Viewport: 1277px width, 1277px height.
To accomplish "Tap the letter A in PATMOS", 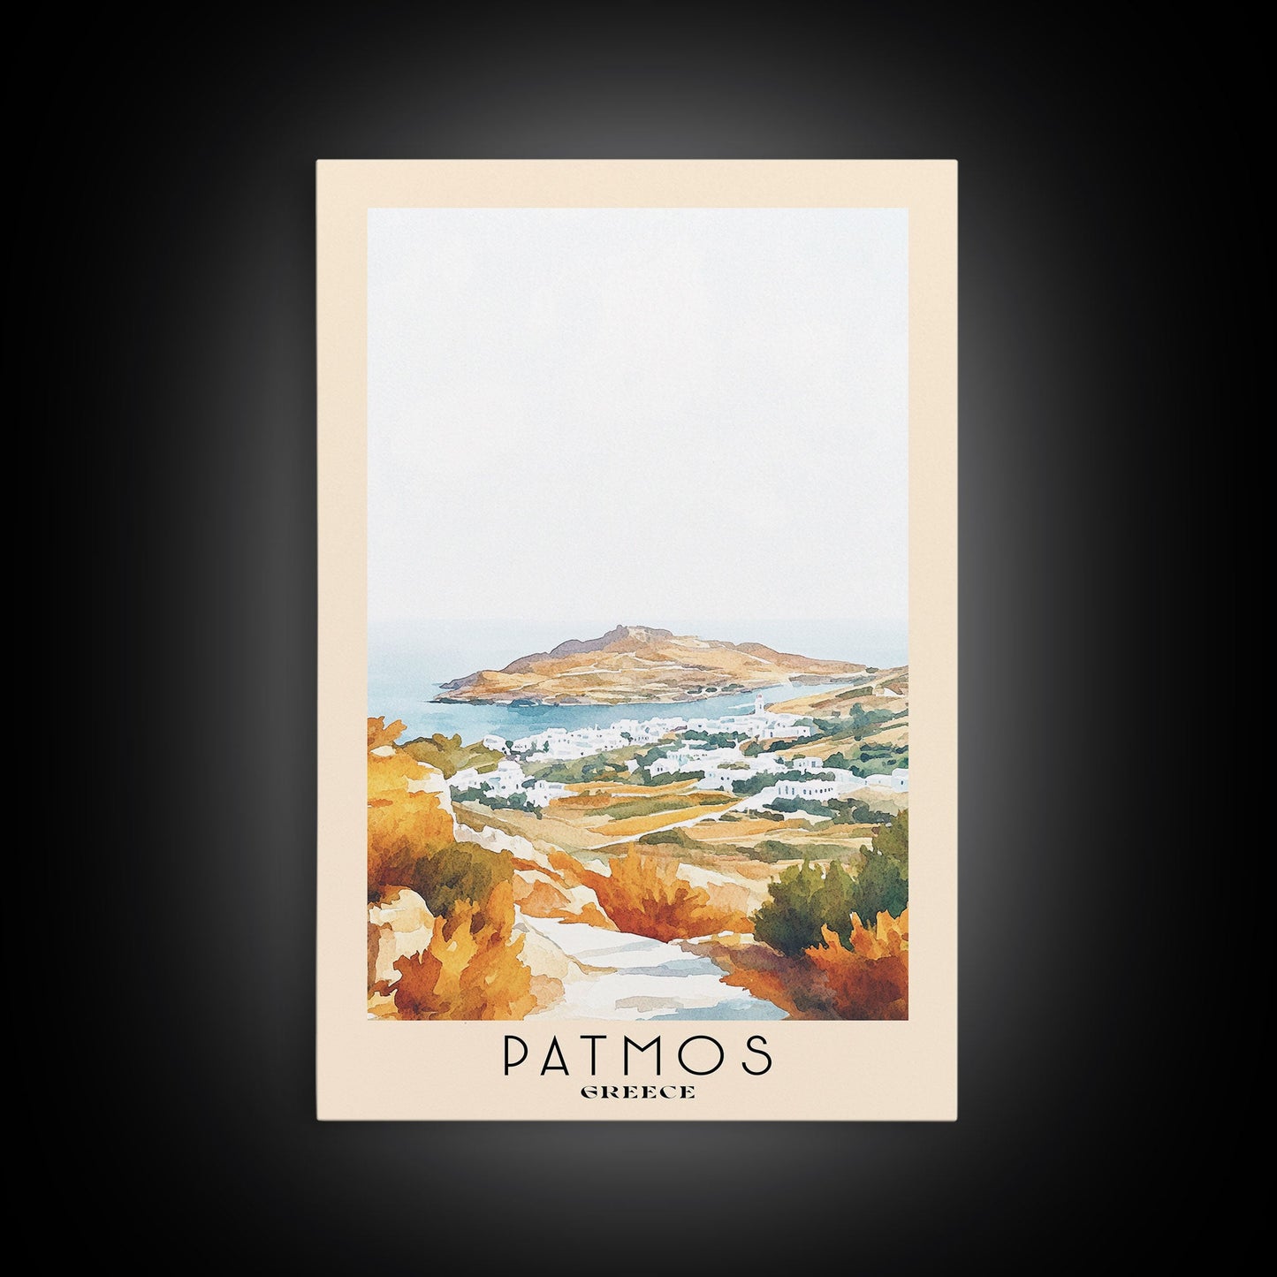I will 562,1054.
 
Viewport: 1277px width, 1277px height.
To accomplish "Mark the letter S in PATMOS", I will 756,1054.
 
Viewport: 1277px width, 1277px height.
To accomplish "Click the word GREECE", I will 637,1092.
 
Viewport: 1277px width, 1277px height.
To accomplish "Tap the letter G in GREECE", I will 589,1092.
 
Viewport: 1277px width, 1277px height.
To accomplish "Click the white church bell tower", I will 759,707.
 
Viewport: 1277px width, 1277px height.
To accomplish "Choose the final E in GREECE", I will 687,1092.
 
